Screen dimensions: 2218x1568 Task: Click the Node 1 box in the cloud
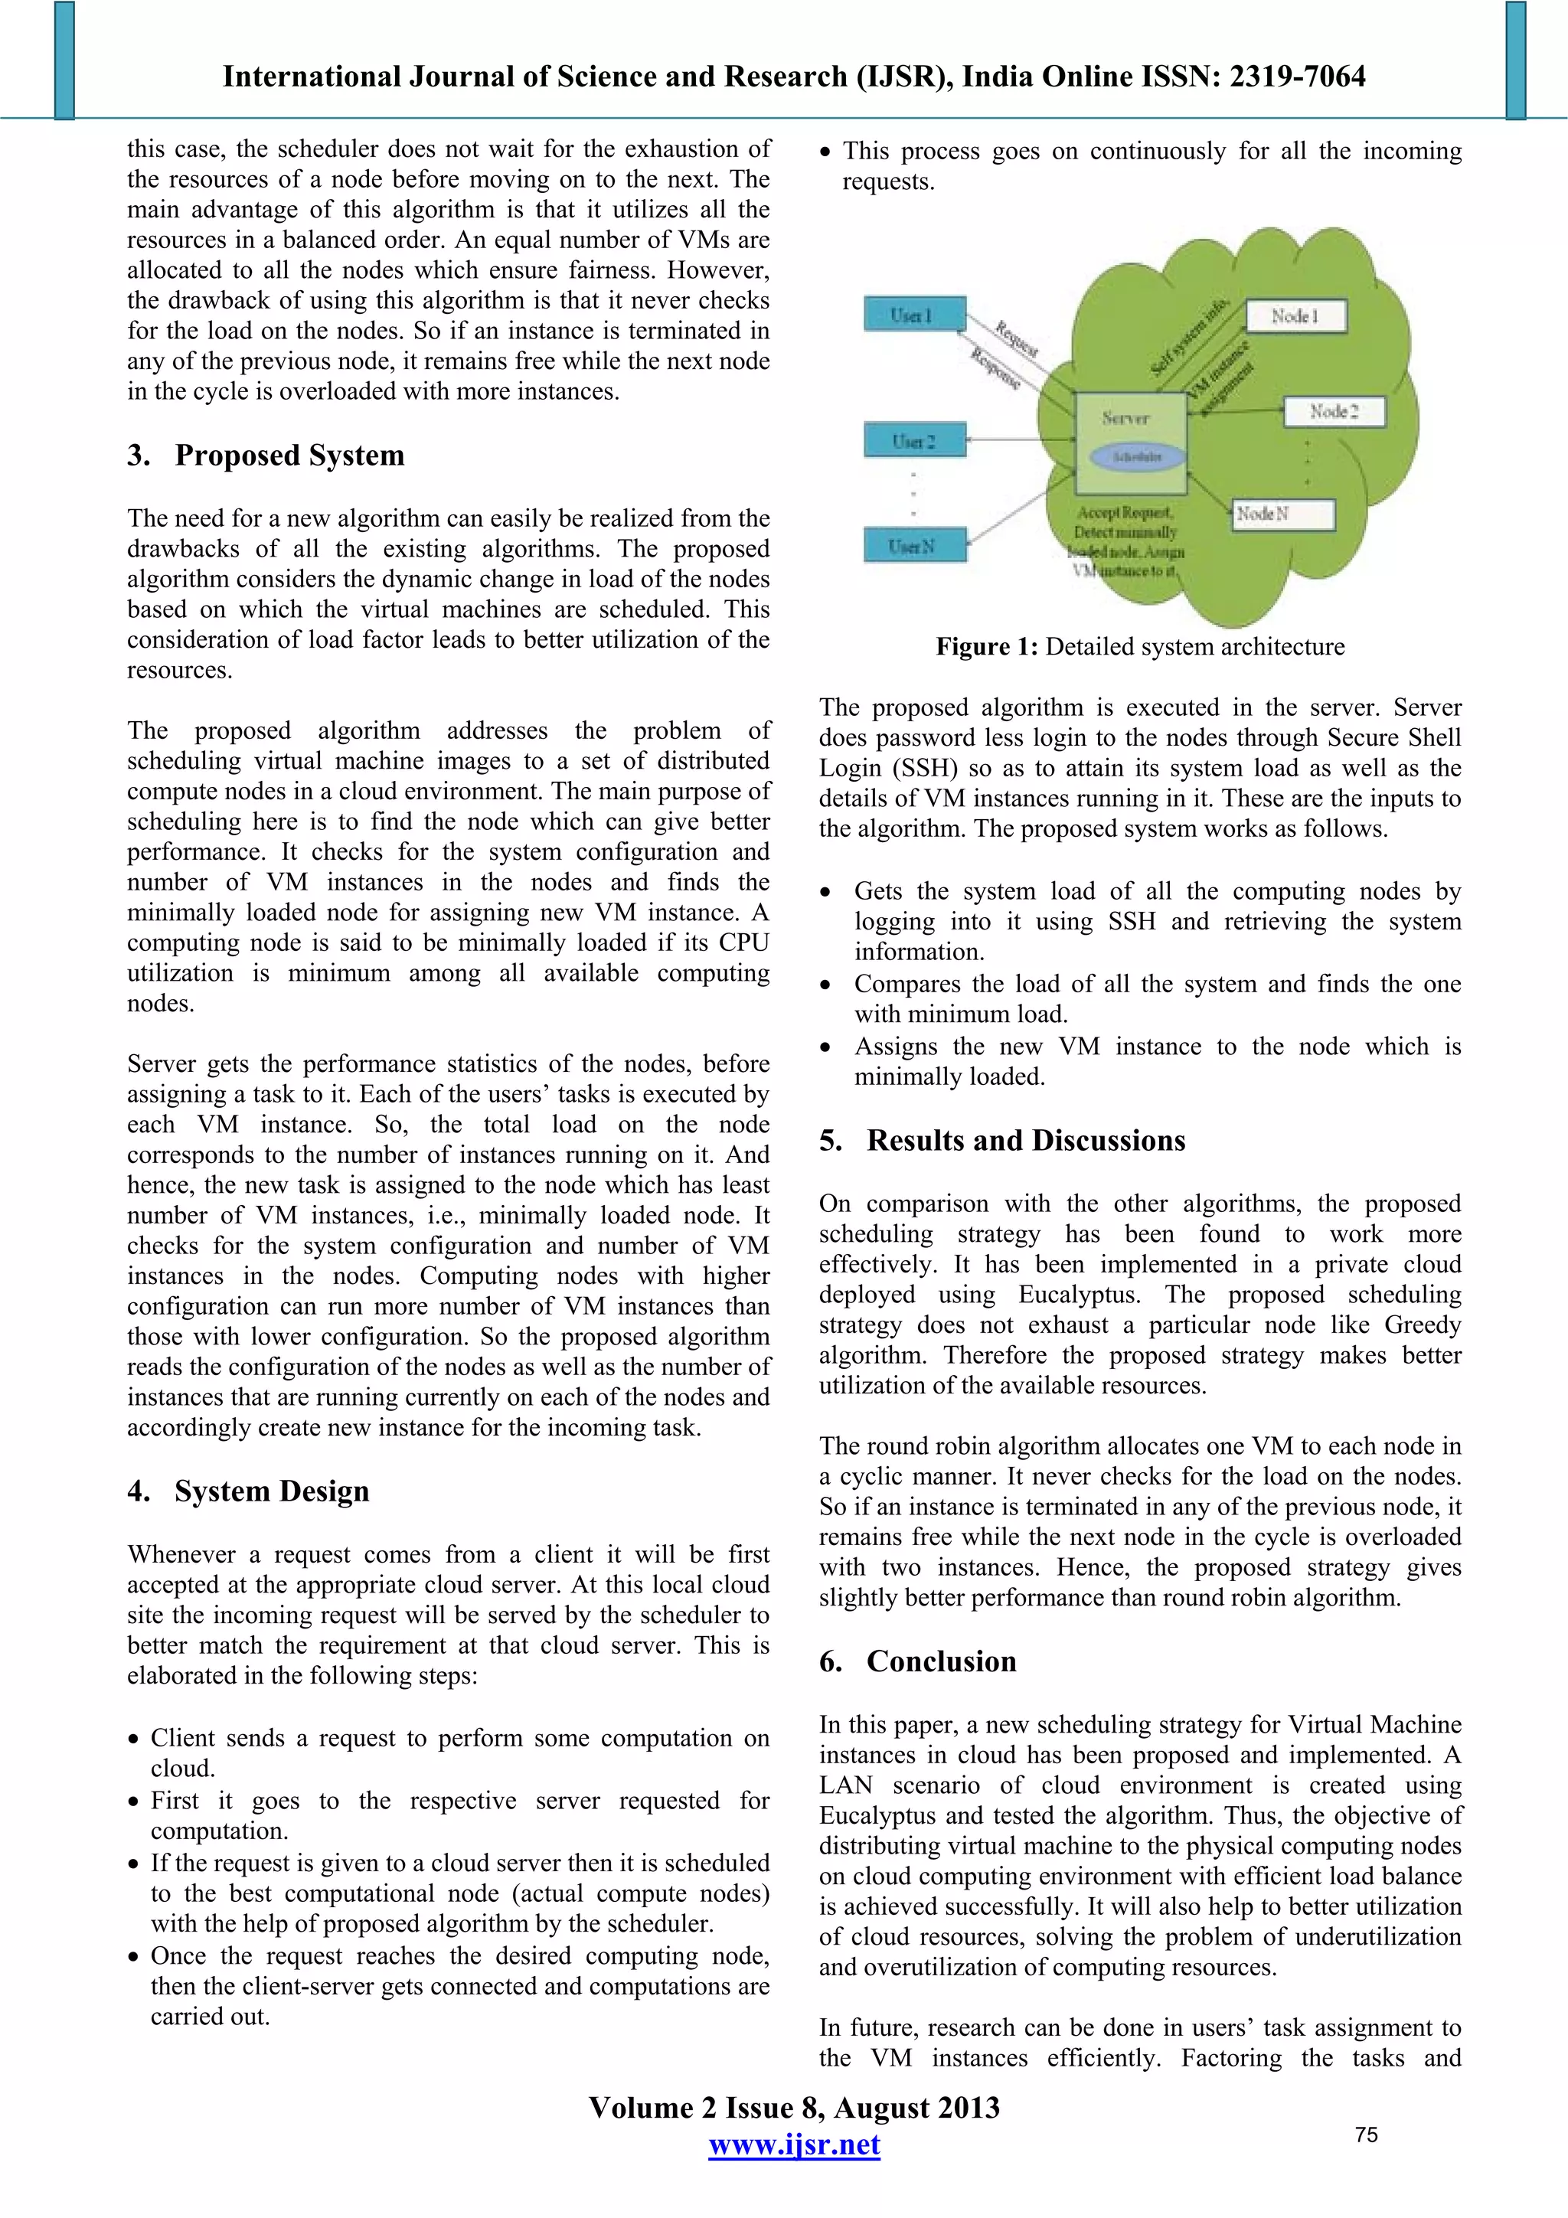1295,316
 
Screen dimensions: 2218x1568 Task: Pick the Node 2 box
1334,412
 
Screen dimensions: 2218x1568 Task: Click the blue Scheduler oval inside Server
1137,457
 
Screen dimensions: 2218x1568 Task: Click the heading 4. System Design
248,1491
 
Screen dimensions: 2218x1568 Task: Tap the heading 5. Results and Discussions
1002,1140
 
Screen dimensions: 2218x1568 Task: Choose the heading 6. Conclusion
918,1661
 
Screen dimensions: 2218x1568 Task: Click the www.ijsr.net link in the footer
794,2145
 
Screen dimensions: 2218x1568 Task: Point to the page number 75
1366,2135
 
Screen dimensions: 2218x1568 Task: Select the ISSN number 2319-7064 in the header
1298,77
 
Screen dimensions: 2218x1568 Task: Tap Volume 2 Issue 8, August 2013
794,2107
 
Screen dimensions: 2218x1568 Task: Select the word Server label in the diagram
1125,418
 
